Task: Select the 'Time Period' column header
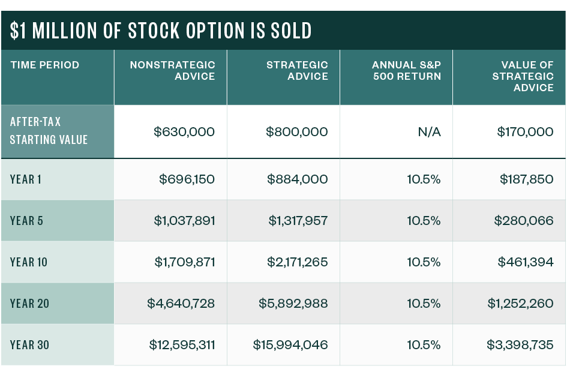(x=44, y=65)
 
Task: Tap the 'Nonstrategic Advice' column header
(x=173, y=71)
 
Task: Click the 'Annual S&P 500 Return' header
(x=406, y=71)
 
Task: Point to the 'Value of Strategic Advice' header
(x=523, y=76)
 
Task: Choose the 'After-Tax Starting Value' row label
(x=49, y=131)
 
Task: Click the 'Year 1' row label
(x=26, y=179)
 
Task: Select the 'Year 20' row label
(x=29, y=304)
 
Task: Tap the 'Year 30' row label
(x=29, y=345)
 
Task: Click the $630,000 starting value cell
(x=184, y=132)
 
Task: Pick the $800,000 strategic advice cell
(x=297, y=132)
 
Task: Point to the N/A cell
(x=429, y=132)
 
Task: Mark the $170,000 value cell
(x=525, y=132)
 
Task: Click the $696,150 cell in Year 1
(x=187, y=179)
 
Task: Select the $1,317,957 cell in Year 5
(x=298, y=221)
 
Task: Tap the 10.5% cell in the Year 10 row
(x=424, y=262)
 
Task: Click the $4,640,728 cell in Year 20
(x=181, y=304)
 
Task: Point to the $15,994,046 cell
(x=290, y=345)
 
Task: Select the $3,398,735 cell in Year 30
(x=520, y=345)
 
